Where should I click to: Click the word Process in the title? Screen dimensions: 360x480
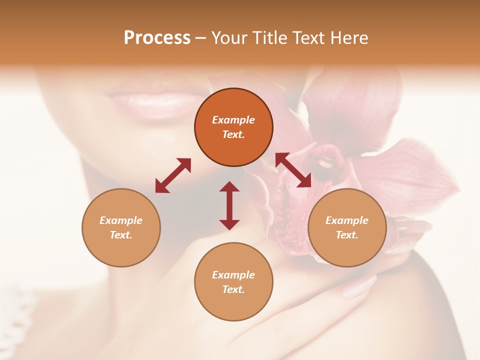coord(157,37)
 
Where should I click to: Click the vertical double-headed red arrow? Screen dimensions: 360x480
coord(229,205)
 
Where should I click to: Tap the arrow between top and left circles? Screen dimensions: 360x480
coord(173,175)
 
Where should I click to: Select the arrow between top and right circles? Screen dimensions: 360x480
coord(293,170)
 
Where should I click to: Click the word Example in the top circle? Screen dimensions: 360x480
coord(233,120)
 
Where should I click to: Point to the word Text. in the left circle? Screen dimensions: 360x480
coord(121,235)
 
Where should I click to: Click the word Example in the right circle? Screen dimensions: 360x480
coord(347,220)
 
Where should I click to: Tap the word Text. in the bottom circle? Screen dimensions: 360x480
coord(233,289)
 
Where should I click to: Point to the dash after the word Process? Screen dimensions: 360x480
coord(200,38)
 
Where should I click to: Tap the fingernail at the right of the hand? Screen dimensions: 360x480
coord(360,287)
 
